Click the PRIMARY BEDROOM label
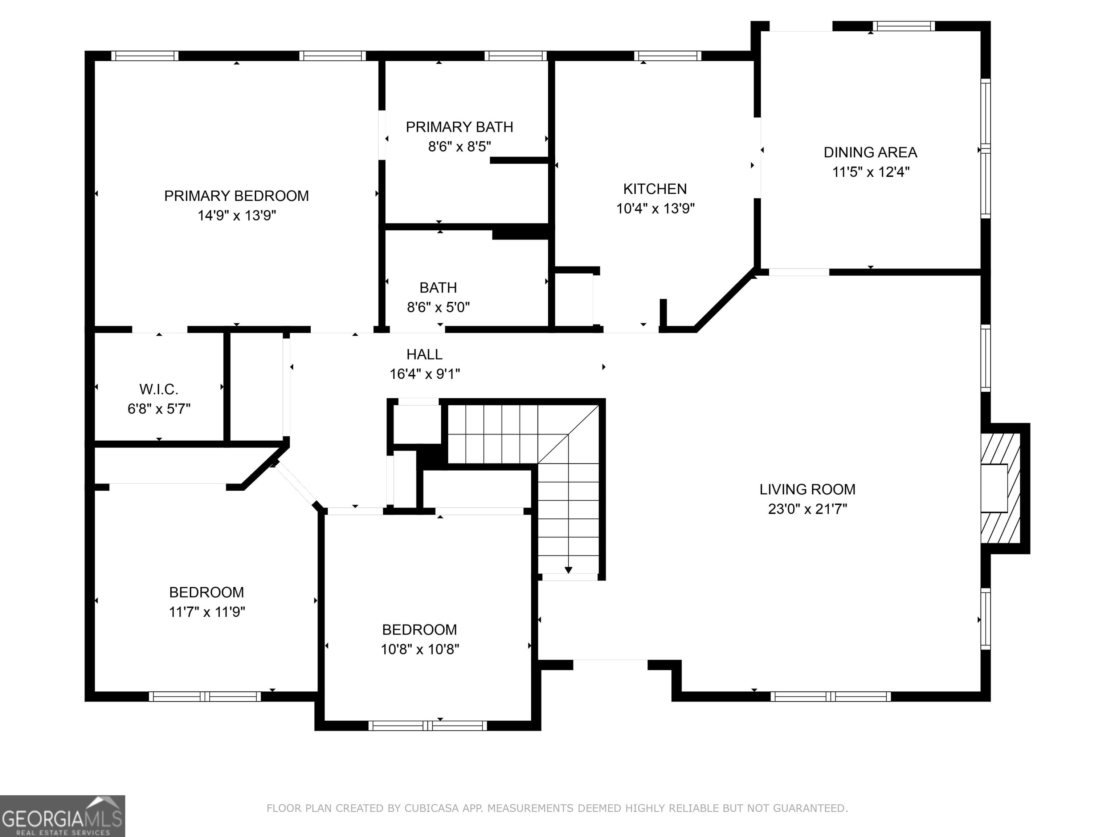point(236,196)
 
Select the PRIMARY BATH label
point(459,127)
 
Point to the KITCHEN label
point(655,189)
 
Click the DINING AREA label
point(870,152)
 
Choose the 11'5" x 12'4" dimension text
point(870,172)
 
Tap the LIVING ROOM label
point(808,489)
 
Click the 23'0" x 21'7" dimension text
point(808,509)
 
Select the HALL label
point(424,355)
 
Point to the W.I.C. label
point(159,389)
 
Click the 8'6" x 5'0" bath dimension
point(438,307)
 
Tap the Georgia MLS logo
point(62,816)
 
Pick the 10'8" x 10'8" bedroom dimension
point(419,649)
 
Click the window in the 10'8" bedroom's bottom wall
point(428,726)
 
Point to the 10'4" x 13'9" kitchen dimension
point(655,209)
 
